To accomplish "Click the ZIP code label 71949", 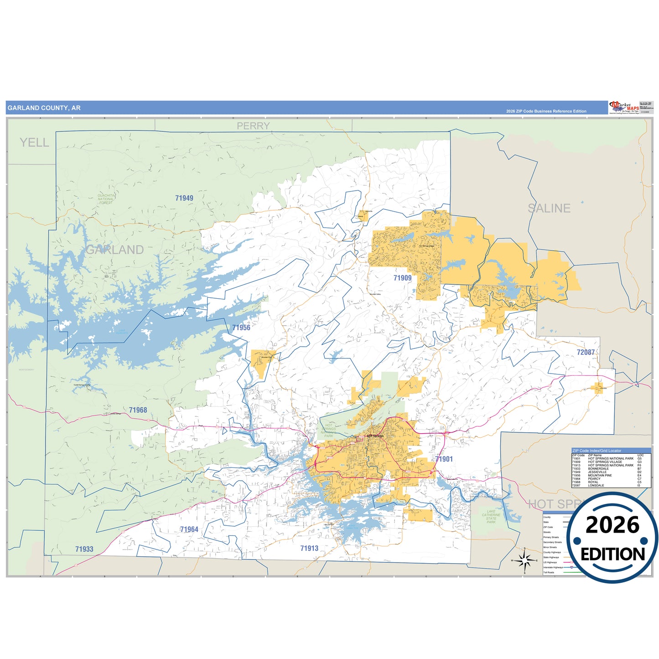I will pyautogui.click(x=184, y=198).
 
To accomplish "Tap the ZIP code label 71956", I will pyautogui.click(x=241, y=327).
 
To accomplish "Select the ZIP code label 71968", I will pyautogui.click(x=138, y=410).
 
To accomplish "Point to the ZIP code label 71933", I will pyautogui.click(x=84, y=549).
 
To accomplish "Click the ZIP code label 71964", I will pyautogui.click(x=189, y=529).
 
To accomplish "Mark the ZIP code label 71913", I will pyautogui.click(x=309, y=548).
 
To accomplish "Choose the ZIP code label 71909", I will pyautogui.click(x=402, y=278).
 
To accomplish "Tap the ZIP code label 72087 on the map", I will pyautogui.click(x=586, y=352).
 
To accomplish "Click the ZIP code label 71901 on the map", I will pyautogui.click(x=444, y=459).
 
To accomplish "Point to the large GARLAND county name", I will pyautogui.click(x=114, y=250).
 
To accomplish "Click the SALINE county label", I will pyautogui.click(x=549, y=208).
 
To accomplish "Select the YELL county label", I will pyautogui.click(x=34, y=143).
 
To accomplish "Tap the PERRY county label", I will pyautogui.click(x=253, y=126).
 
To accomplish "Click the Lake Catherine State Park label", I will pyautogui.click(x=491, y=517).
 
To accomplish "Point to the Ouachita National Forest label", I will pyautogui.click(x=106, y=199).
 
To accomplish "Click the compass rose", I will pyautogui.click(x=524, y=560).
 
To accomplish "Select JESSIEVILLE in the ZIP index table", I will pyautogui.click(x=597, y=472).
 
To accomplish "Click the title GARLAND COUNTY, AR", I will pyautogui.click(x=44, y=108).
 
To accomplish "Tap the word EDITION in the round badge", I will pyautogui.click(x=612, y=554).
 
